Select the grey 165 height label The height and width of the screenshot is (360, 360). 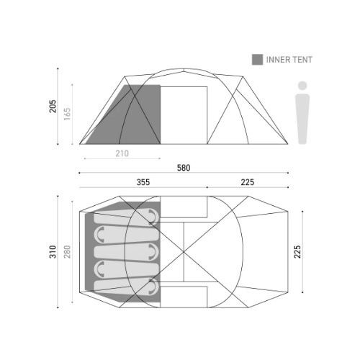pyautogui.click(x=68, y=114)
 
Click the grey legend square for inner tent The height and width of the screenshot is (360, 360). pyautogui.click(x=257, y=59)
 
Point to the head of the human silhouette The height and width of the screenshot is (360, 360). pyautogui.click(x=302, y=86)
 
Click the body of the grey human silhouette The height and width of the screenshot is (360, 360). pyautogui.click(x=302, y=119)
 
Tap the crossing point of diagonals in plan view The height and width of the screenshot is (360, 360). pyautogui.click(x=185, y=251)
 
